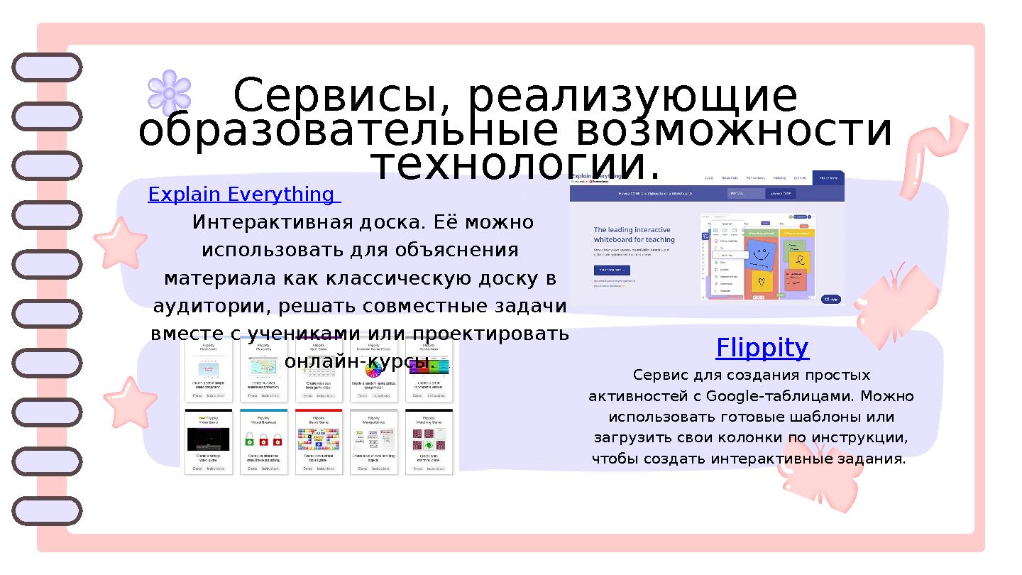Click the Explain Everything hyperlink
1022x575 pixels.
(241, 195)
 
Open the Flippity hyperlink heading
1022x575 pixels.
(762, 348)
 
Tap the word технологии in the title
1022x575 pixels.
(515, 165)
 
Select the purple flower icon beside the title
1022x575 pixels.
(170, 93)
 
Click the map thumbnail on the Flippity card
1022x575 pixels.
(263, 367)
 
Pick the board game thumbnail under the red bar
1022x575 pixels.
(318, 439)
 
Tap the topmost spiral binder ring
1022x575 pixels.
(47, 67)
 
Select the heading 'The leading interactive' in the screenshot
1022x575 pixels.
(632, 230)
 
